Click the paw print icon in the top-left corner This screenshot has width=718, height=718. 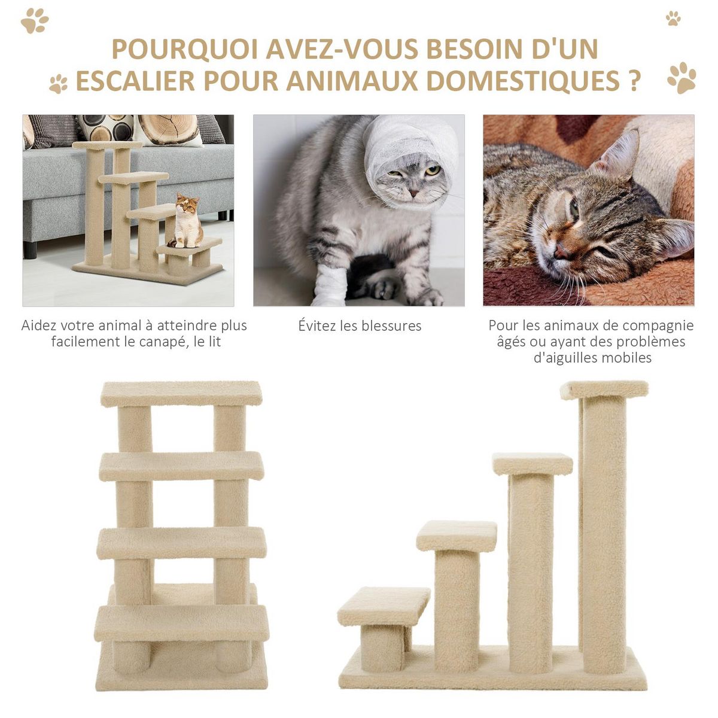[x=34, y=21]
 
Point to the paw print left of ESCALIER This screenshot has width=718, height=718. [x=58, y=84]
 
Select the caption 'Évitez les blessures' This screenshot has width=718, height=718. [x=360, y=326]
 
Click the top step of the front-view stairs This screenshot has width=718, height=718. [x=181, y=393]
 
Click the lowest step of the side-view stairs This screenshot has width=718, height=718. [x=384, y=606]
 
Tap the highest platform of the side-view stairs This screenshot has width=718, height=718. [x=604, y=389]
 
